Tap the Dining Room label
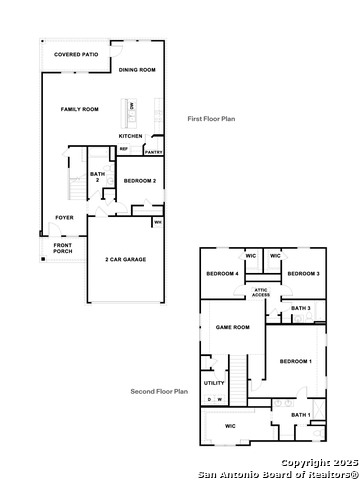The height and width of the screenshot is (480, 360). point(138,70)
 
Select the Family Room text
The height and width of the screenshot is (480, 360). point(79,109)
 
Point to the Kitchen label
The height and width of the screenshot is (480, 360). point(131,136)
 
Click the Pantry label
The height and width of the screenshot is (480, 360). point(153,152)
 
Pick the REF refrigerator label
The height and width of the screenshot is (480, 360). point(124,150)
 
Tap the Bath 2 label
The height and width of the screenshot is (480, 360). point(97,177)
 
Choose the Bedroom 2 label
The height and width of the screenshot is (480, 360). point(139,181)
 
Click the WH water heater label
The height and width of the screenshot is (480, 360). point(158,222)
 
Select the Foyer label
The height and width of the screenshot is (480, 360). point(64,217)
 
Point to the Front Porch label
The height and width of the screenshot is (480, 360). point(63,248)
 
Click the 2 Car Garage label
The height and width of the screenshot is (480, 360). point(125,259)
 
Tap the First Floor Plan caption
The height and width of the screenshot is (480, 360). point(211,119)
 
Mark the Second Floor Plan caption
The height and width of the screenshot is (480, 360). point(159,392)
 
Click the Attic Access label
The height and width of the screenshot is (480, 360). point(260,292)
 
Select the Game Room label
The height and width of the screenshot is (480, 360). point(232,327)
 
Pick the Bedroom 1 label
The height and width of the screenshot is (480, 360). point(295,361)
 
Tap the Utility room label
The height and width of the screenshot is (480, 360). point(214,383)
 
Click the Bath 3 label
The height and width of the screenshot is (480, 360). point(302,308)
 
